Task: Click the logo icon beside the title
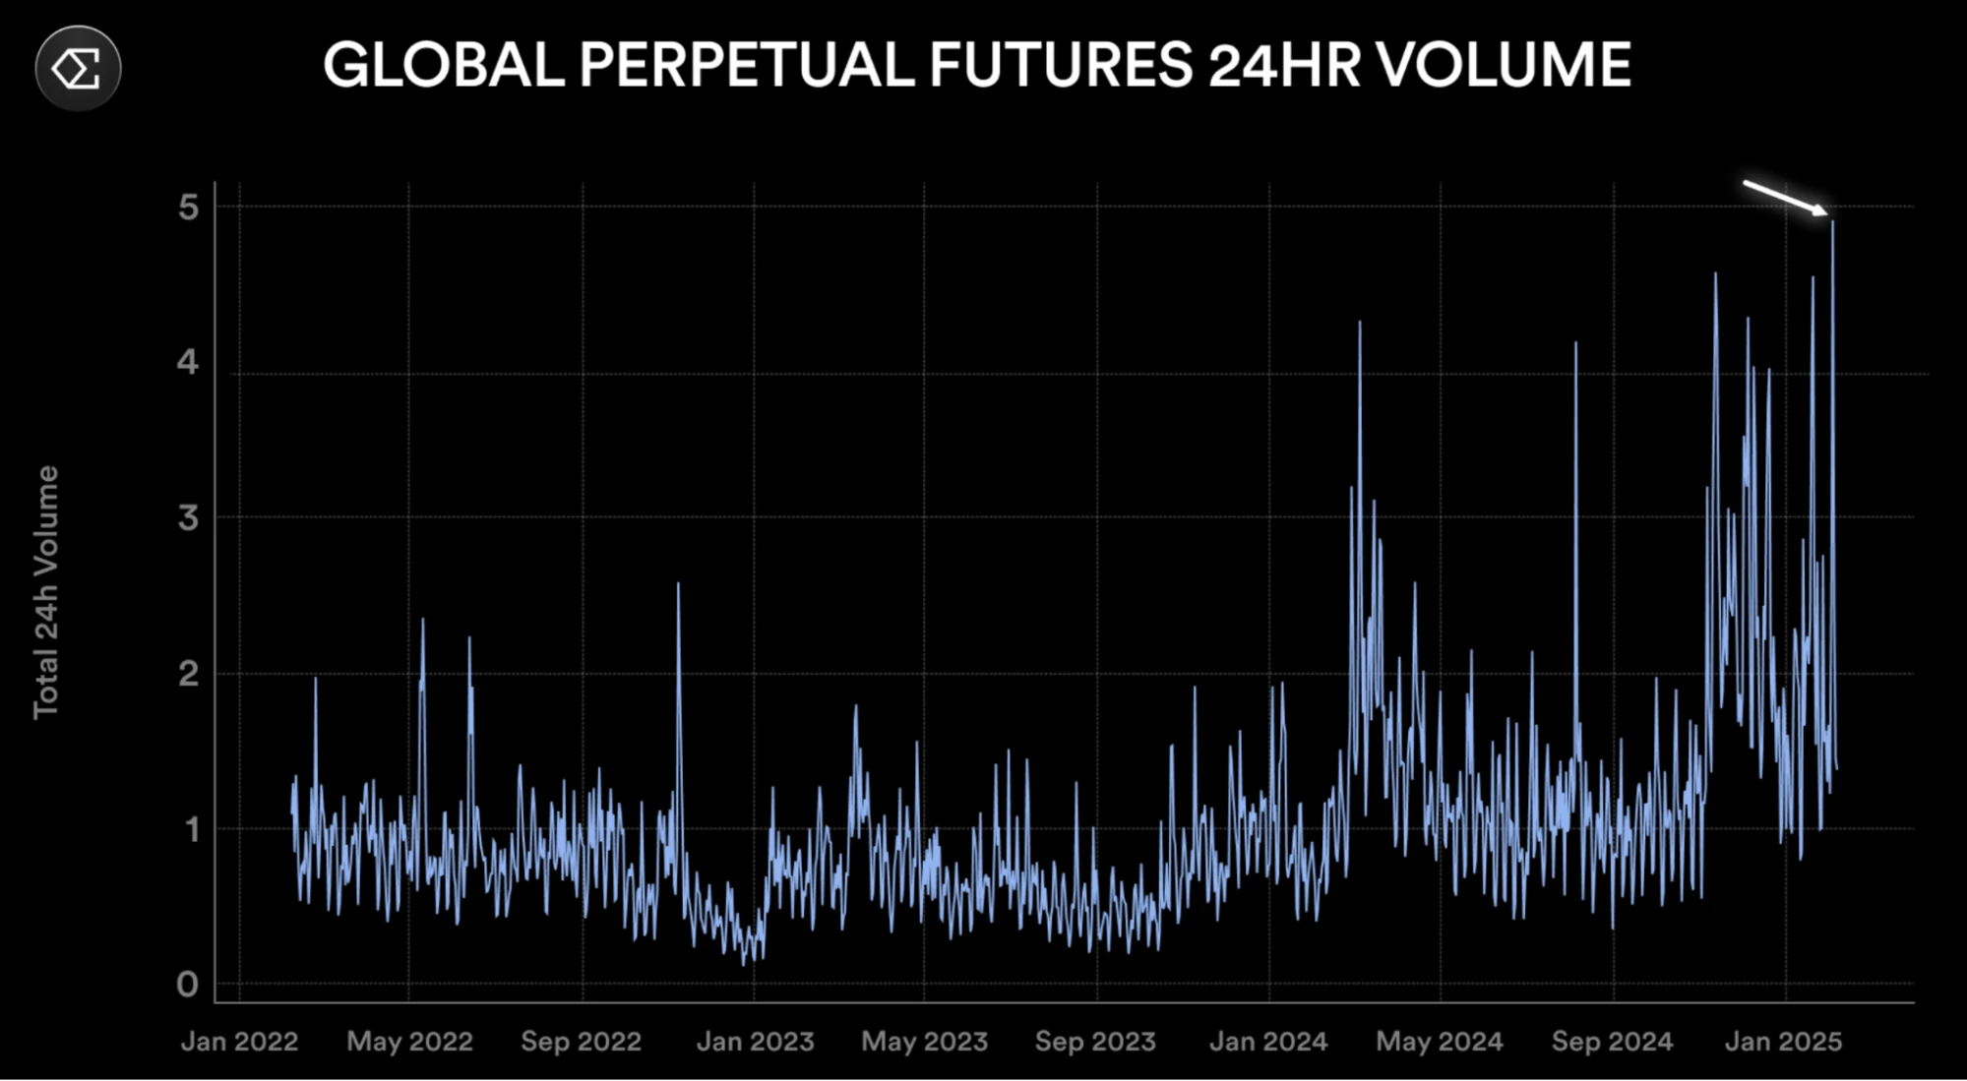click(78, 68)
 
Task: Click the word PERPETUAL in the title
click(747, 66)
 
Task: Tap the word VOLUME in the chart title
click(1503, 66)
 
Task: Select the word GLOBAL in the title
click(444, 66)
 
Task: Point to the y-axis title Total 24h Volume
click(46, 592)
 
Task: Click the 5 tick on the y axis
click(188, 207)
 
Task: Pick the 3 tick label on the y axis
click(188, 517)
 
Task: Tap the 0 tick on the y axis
click(188, 984)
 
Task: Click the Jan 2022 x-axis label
click(239, 1042)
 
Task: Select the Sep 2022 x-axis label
click(581, 1042)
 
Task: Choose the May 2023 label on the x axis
click(924, 1042)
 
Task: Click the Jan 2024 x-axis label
click(1268, 1042)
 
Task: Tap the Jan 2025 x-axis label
click(1783, 1042)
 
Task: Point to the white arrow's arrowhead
click(1821, 210)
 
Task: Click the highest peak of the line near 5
click(1832, 223)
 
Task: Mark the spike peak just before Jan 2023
click(678, 584)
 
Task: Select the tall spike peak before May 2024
click(1360, 323)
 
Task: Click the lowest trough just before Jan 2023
click(744, 963)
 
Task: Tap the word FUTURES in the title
click(1060, 66)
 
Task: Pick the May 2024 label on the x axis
click(1440, 1042)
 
